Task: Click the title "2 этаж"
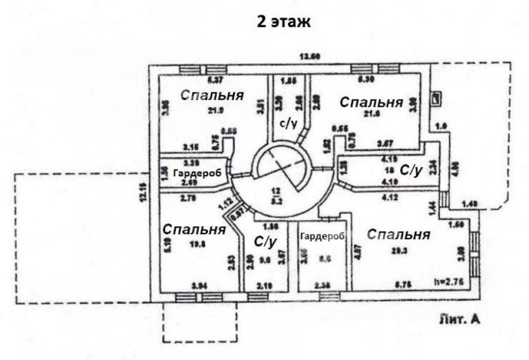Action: click(x=284, y=23)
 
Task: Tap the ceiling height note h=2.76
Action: click(x=449, y=280)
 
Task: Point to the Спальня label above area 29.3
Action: click(x=398, y=234)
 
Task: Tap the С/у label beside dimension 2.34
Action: click(x=411, y=171)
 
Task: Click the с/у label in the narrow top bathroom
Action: click(x=288, y=123)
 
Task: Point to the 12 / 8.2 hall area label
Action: click(x=276, y=194)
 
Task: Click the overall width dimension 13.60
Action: click(x=310, y=57)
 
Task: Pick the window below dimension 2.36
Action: click(x=329, y=296)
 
